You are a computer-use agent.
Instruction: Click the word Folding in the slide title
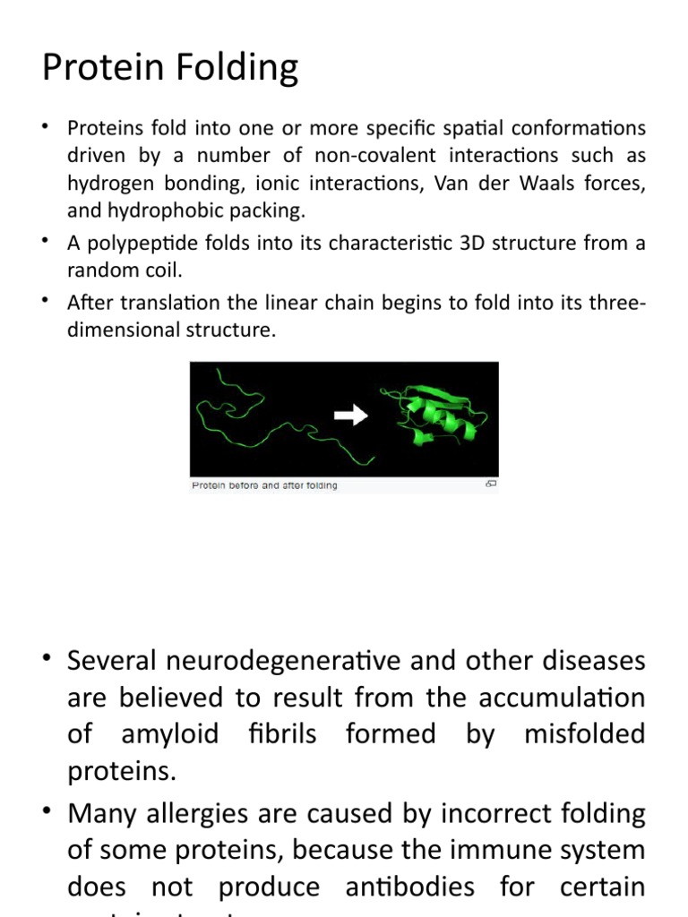(236, 68)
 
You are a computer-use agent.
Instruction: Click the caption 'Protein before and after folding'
(264, 485)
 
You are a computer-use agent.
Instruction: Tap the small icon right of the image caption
(490, 484)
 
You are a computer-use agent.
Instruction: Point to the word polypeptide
(134, 244)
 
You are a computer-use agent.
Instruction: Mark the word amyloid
(170, 734)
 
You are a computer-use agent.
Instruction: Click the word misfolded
(584, 734)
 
